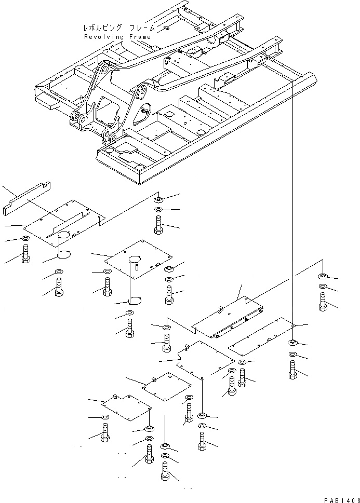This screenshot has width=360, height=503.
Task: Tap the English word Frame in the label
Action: pos(138,37)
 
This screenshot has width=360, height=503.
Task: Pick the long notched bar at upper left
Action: pos(26,197)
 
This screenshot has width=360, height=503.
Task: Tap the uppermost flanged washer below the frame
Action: pos(159,199)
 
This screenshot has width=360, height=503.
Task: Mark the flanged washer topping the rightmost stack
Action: pos(323,276)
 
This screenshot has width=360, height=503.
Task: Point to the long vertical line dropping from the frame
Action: pos(292,208)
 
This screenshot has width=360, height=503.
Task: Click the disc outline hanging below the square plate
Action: pos(134,300)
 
